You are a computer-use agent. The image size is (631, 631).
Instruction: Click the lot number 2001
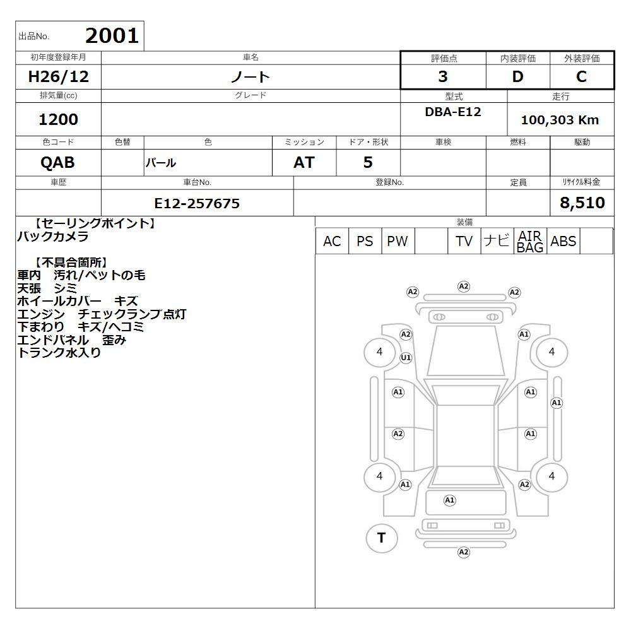tap(112, 36)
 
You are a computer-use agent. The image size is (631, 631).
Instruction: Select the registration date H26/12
tap(58, 76)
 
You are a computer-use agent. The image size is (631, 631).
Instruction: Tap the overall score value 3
tap(443, 76)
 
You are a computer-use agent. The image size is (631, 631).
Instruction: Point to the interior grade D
tap(517, 76)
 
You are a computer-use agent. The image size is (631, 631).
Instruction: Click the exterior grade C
tap(581, 76)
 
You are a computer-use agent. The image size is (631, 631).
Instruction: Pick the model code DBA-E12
tap(453, 112)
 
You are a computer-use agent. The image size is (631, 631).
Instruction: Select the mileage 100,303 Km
tap(560, 120)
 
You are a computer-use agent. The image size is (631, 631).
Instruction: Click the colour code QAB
tap(57, 163)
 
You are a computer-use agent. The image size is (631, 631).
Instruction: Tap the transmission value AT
tap(304, 163)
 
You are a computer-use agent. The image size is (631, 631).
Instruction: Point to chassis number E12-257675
tap(197, 203)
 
